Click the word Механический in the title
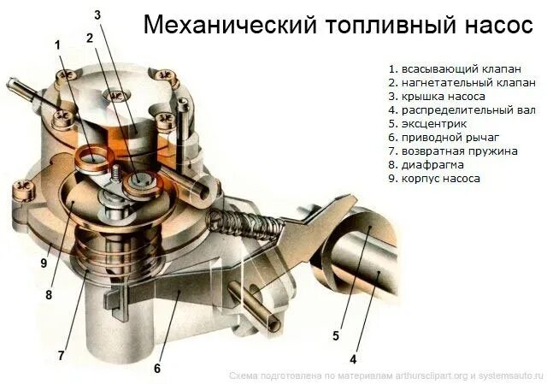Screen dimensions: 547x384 click(x=221, y=25)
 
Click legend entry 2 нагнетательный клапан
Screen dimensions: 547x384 click(x=462, y=83)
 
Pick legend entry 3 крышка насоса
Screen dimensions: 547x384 click(x=436, y=97)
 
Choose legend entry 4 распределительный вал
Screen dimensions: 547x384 click(x=462, y=110)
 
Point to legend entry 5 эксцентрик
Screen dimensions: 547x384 click(x=426, y=124)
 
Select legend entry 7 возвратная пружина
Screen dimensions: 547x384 click(x=452, y=151)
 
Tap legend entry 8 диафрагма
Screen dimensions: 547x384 click(x=426, y=165)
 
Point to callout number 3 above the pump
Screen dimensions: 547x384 click(x=97, y=15)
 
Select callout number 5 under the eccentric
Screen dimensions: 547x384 click(x=336, y=335)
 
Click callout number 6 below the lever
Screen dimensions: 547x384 click(x=157, y=369)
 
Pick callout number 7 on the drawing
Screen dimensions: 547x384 click(x=61, y=353)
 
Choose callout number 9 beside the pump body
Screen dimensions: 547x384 click(x=43, y=263)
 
